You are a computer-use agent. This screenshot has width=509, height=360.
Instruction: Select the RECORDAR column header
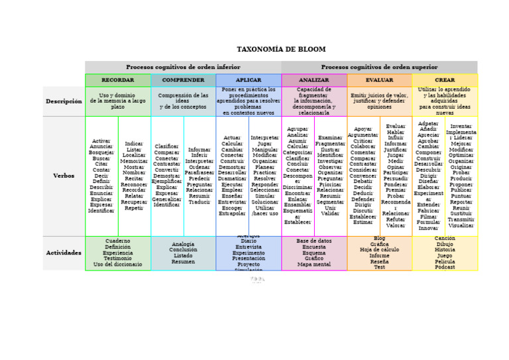117,80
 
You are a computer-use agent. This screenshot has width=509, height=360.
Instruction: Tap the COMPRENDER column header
183,80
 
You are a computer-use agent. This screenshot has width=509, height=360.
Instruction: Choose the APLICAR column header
249,80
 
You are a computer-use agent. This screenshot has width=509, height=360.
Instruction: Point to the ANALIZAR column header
314,80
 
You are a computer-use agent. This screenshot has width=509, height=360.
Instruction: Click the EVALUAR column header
379,80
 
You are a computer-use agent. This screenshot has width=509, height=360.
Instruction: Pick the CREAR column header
445,80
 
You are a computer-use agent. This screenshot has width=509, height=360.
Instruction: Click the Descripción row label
64,101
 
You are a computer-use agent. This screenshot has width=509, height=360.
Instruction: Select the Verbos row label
64,176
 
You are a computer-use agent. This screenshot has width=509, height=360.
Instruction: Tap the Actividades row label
64,253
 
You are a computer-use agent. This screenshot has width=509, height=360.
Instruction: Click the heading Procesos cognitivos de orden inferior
184,67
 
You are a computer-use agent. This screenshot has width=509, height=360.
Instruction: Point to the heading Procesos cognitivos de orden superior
379,67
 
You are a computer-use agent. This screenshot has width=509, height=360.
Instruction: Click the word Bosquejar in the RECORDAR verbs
101,152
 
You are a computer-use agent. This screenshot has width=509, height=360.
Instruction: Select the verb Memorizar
134,161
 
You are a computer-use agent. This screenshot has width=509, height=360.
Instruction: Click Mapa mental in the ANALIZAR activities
314,265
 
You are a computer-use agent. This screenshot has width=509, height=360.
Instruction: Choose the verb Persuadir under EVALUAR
396,178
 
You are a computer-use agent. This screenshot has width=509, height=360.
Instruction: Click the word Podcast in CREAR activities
445,267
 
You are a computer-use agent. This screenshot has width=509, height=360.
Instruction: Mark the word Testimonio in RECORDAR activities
117,259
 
